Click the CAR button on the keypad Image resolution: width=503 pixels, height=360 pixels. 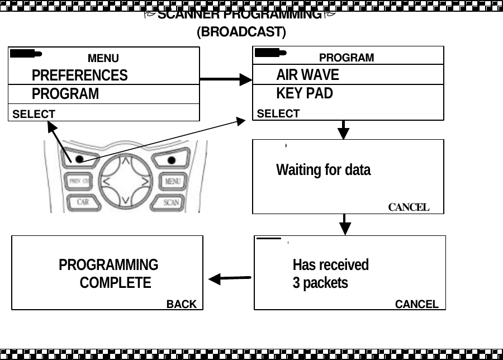(x=83, y=202)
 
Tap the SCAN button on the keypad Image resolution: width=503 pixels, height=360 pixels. (x=171, y=202)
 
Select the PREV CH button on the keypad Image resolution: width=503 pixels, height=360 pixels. (x=79, y=181)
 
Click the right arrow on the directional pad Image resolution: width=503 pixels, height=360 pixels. (x=145, y=182)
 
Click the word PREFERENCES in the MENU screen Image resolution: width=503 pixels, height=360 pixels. (x=79, y=75)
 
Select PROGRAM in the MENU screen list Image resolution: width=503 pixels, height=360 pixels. (x=65, y=94)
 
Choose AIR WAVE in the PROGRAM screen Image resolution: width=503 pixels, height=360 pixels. (x=307, y=75)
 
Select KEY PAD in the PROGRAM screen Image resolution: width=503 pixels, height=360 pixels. (x=305, y=93)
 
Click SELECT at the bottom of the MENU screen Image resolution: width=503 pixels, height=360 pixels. (x=34, y=114)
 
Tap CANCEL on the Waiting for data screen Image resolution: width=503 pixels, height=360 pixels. (x=409, y=207)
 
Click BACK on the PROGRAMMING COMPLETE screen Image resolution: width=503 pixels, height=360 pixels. (x=182, y=304)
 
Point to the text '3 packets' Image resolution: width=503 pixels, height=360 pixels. (x=320, y=283)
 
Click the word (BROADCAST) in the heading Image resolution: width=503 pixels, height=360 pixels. (x=241, y=32)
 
